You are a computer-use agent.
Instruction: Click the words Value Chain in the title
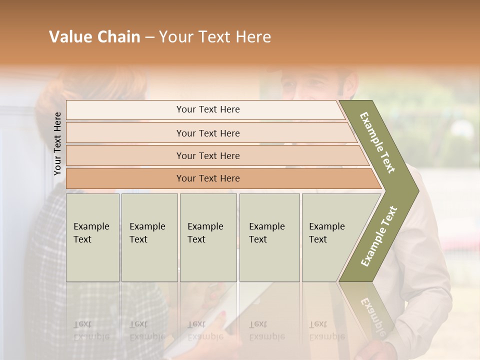94,37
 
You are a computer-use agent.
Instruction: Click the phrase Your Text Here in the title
215,37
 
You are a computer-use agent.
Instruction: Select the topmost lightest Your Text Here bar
207,109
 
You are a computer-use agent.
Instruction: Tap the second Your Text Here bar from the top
207,133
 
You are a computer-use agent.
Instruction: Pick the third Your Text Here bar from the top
207,155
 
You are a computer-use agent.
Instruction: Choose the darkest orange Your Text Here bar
207,178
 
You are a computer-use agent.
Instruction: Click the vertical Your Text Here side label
58,143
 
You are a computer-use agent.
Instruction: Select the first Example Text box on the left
92,237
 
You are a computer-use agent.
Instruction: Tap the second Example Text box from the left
149,237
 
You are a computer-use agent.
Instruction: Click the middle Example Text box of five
208,237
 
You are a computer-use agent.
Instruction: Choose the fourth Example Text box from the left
269,237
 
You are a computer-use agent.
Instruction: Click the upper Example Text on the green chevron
377,142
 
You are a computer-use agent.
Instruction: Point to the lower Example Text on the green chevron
378,236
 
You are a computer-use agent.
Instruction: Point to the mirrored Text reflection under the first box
82,324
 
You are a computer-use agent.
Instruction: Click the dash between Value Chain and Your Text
149,37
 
